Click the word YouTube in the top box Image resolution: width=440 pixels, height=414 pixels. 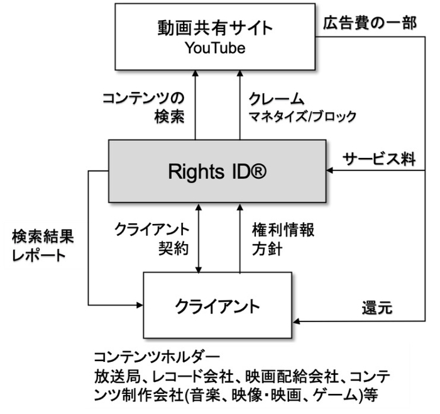tap(215, 48)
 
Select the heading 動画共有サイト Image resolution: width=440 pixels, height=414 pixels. tap(215, 28)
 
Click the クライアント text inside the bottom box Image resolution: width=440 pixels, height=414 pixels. tap(217, 307)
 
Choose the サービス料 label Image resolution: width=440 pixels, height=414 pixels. tap(378, 159)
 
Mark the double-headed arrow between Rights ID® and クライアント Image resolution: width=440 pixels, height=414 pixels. tap(199, 238)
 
